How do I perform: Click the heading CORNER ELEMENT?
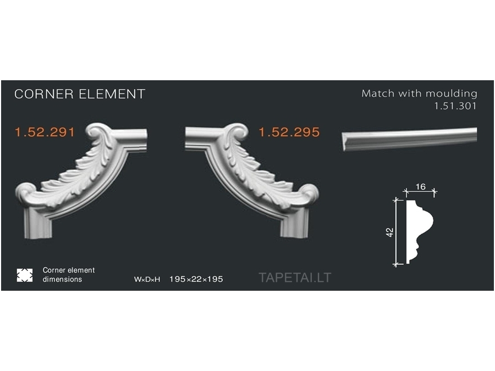(x=79, y=94)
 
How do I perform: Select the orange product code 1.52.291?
(x=45, y=132)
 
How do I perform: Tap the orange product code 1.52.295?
(x=289, y=132)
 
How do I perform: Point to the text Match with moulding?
(x=419, y=93)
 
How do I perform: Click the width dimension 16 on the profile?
(x=421, y=187)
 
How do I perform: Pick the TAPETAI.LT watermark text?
(x=295, y=278)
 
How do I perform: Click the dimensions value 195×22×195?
(x=196, y=279)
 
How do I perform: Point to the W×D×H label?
(x=147, y=279)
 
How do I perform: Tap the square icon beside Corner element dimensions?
(x=25, y=275)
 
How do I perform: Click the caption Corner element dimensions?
(x=69, y=275)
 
